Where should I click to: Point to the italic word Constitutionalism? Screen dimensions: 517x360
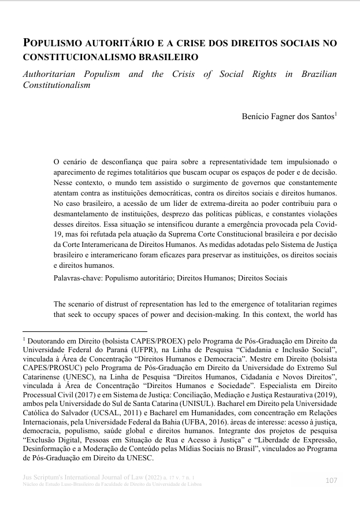(x=57, y=85)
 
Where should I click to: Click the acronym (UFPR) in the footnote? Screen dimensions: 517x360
(x=131, y=350)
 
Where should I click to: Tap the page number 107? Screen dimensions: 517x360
(x=331, y=480)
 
